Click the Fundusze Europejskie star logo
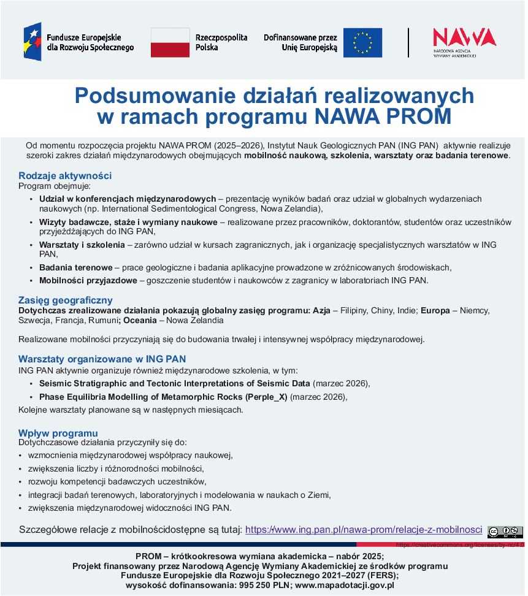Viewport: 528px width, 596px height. point(33,42)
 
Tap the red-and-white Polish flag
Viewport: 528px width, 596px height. point(170,42)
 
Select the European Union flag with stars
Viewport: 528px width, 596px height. point(362,42)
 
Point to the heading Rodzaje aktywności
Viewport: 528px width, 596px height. point(65,176)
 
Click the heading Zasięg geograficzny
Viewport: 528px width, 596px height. point(66,300)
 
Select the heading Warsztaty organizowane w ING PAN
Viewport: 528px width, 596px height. point(102,359)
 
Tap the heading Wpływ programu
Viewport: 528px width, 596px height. point(58,433)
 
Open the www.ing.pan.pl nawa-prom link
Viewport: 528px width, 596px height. point(364,530)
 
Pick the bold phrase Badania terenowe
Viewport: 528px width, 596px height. point(75,267)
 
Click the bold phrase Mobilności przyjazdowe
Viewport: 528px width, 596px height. point(88,280)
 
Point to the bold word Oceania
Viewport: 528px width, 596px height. point(140,320)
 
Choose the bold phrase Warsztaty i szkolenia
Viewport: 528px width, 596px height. point(82,245)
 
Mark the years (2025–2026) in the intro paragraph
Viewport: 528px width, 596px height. point(239,145)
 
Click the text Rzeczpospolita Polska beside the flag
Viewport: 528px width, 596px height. point(221,42)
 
